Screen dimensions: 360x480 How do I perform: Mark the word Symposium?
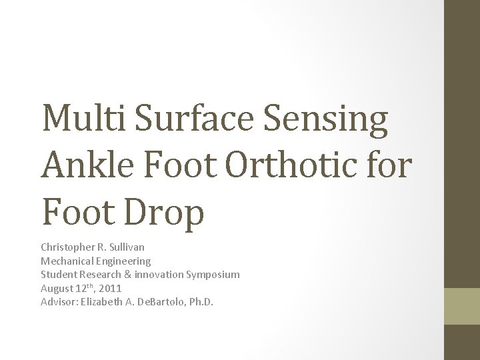214,275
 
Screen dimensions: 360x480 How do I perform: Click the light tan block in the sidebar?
462,306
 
